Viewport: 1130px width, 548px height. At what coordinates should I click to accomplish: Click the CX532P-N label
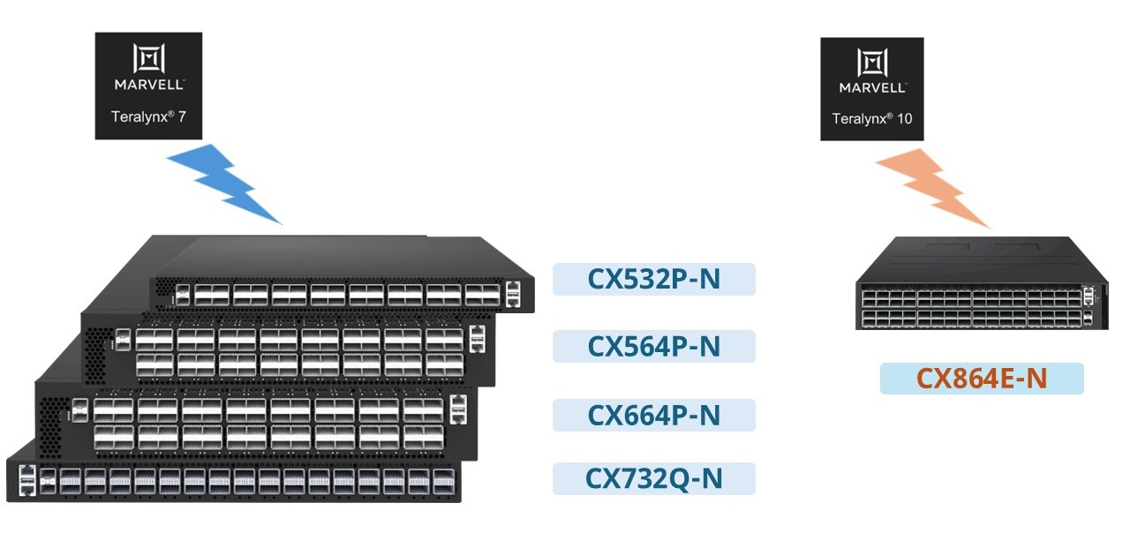point(654,279)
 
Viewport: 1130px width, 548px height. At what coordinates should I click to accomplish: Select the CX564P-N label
point(654,346)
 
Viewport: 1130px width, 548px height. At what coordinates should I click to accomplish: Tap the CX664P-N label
point(654,415)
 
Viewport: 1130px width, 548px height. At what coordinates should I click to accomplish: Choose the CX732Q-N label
point(654,478)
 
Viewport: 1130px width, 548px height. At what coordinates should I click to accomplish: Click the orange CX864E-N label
point(982,378)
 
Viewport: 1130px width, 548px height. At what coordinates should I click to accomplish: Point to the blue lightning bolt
point(223,184)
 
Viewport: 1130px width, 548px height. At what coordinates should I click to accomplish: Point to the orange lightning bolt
point(932,188)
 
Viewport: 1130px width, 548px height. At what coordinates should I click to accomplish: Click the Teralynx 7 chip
point(149,86)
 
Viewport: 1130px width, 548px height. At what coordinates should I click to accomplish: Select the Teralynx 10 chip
point(872,89)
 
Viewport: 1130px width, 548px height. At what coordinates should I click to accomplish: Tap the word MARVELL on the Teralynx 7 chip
point(149,85)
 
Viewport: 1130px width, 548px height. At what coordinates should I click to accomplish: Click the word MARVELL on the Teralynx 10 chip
point(872,87)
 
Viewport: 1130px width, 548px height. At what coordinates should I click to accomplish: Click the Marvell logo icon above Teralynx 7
point(149,58)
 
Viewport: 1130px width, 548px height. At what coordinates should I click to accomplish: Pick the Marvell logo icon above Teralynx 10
point(872,63)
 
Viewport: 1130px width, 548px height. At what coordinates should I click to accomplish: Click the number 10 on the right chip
point(905,118)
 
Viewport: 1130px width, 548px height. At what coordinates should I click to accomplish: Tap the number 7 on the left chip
point(182,117)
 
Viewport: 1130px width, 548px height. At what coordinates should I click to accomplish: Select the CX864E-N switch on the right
point(983,282)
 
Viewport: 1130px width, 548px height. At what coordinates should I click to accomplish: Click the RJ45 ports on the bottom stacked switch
point(26,480)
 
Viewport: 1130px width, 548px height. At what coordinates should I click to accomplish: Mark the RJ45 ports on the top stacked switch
point(513,294)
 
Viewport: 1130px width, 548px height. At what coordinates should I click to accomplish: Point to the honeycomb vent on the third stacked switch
point(52,425)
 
